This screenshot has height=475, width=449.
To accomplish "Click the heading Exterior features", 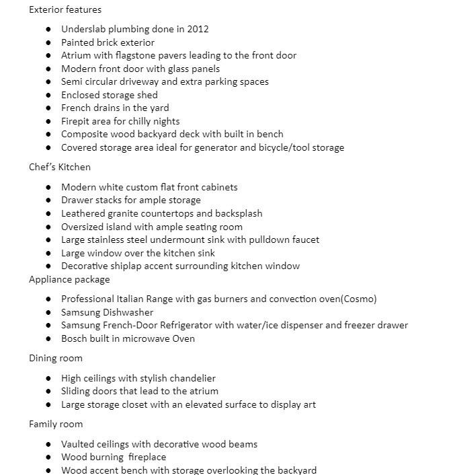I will coord(65,9).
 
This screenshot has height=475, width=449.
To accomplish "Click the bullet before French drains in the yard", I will coord(48,108).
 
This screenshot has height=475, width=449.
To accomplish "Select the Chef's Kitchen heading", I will coord(60,167).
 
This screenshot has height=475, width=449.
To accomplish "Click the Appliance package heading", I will coord(69,279).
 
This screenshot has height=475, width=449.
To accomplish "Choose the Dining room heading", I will coord(56,358).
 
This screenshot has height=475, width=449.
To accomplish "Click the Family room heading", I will coord(56,424).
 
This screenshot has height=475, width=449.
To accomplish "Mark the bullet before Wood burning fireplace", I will coord(48,458).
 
